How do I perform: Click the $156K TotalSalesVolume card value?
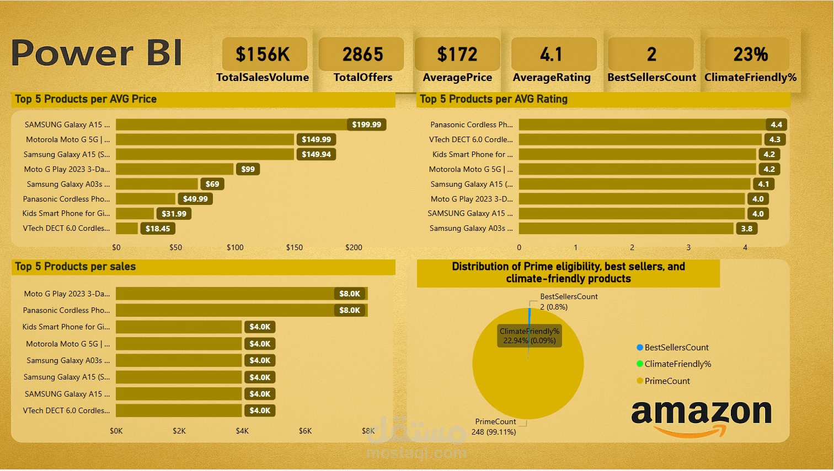point(263,55)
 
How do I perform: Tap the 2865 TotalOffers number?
point(362,55)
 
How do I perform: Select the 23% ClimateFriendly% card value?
point(750,55)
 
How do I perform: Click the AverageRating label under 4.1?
point(552,78)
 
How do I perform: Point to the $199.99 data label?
point(366,124)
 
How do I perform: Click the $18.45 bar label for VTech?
point(158,229)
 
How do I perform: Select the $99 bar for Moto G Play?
point(174,169)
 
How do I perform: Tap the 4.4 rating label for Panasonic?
point(776,124)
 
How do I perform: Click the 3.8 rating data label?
point(746,229)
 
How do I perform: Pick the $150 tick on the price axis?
point(294,247)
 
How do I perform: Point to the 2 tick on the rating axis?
point(632,247)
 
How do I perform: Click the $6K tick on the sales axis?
point(305,431)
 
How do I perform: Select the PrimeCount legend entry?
point(667,381)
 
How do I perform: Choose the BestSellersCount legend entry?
point(676,348)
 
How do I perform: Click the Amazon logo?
point(701,417)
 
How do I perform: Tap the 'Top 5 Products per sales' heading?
point(76,267)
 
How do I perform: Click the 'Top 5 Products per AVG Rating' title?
point(494,99)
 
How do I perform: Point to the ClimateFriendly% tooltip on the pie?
point(530,335)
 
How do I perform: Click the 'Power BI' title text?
point(97,53)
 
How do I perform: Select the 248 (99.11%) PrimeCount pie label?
point(494,432)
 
